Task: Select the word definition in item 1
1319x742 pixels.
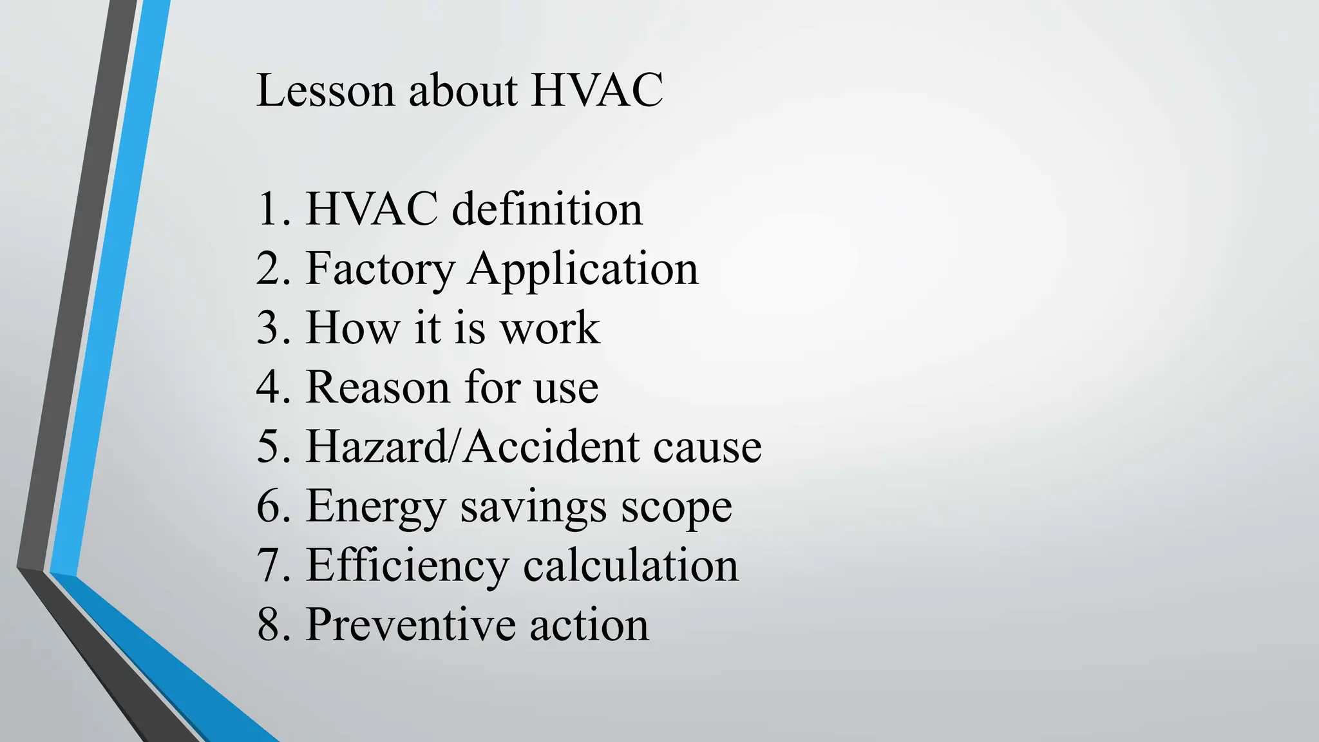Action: (x=547, y=209)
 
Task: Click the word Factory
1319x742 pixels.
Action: (x=380, y=269)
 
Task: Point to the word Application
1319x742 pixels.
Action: (x=583, y=269)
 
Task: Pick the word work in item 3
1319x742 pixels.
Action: (x=550, y=328)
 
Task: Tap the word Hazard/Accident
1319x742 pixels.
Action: (x=473, y=446)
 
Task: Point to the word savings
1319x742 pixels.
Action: (x=533, y=507)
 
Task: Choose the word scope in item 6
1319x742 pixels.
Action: (x=676, y=507)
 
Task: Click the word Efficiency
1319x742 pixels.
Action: (x=407, y=566)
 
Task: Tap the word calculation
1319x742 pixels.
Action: (x=631, y=566)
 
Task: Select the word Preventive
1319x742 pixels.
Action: (x=410, y=624)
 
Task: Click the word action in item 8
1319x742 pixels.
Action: (x=589, y=624)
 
